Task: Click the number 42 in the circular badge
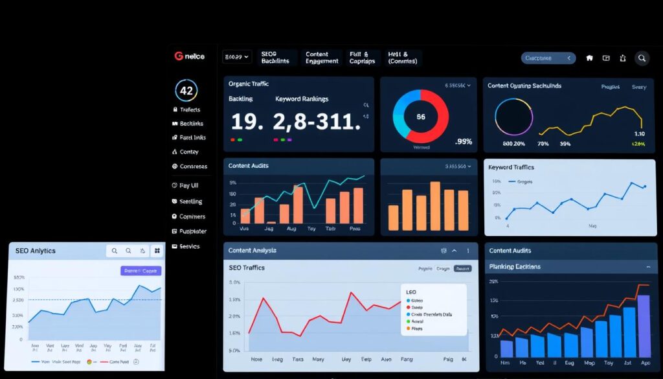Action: tap(186, 91)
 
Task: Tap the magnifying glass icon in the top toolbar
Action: tap(642, 58)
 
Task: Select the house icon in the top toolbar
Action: tap(589, 58)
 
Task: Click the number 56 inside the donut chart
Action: tap(421, 117)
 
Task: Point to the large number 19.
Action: tap(247, 121)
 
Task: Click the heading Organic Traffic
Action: tap(249, 84)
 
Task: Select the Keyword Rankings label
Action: tap(302, 99)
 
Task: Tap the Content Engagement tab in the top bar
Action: tap(322, 58)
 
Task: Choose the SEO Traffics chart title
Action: tap(247, 268)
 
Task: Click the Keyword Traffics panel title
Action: tap(511, 167)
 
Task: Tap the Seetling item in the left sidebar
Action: tap(190, 201)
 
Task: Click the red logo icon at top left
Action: tap(179, 56)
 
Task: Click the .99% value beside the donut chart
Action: tap(464, 142)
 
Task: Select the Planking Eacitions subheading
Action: tap(515, 266)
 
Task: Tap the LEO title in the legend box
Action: tap(412, 292)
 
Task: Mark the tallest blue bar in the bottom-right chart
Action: tap(643, 326)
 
